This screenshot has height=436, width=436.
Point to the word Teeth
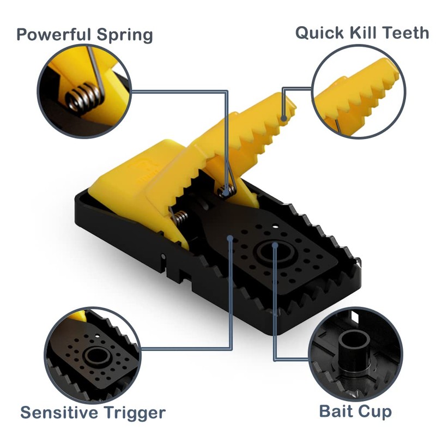pyautogui.click(x=406, y=33)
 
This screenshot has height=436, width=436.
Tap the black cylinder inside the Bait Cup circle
pyautogui.click(x=354, y=349)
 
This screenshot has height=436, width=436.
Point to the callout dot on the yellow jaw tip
pyautogui.click(x=283, y=116)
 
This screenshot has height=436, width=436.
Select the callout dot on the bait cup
pyautogui.click(x=275, y=246)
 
